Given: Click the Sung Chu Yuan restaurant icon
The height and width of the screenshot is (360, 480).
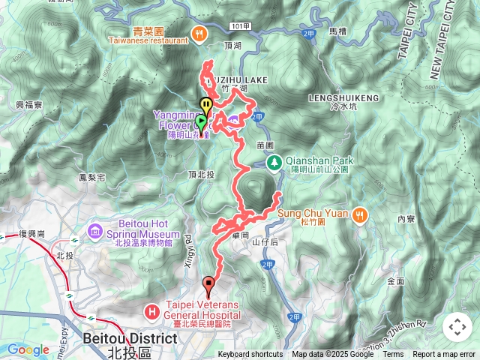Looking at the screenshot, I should tap(361, 213).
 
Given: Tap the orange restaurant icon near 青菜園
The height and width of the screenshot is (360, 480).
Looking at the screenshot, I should tap(198, 32).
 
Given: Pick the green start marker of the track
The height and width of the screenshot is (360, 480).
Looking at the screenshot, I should tap(201, 122).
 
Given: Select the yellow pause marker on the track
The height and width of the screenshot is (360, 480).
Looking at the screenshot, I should tap(205, 106).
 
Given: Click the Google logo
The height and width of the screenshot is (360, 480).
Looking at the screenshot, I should tap(28, 349).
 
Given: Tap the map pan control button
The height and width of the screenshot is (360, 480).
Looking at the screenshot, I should tap(457, 327).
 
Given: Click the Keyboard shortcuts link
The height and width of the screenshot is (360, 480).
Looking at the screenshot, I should tap(250, 355).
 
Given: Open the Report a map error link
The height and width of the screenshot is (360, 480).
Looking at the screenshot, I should tap(444, 355).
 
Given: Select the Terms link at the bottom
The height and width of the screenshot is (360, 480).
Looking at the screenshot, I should tap(393, 355).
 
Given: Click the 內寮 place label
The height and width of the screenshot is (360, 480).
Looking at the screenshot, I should tap(406, 219).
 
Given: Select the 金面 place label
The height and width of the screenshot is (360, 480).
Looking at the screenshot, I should tap(395, 281).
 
